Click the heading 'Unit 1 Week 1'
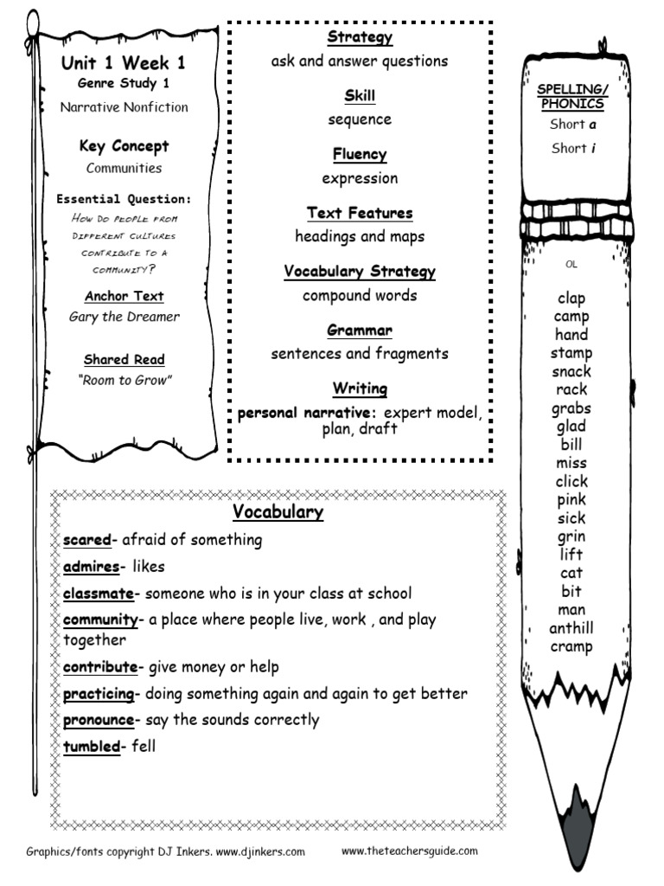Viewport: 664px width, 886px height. click(x=124, y=63)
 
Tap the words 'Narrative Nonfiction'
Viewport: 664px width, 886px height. click(x=124, y=107)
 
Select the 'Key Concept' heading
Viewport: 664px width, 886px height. click(x=124, y=146)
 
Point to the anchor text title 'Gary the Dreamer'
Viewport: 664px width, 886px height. click(x=124, y=317)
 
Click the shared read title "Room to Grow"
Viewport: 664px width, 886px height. click(x=124, y=380)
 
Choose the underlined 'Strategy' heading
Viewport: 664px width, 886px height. click(x=360, y=37)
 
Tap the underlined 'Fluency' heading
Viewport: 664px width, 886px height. click(x=360, y=154)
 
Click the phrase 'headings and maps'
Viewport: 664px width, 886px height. click(x=360, y=236)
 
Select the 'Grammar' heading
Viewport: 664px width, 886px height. click(x=360, y=331)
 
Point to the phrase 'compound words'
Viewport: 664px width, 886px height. click(x=360, y=295)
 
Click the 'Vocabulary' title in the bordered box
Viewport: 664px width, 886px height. click(x=278, y=512)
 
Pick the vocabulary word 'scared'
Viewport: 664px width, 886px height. click(x=87, y=540)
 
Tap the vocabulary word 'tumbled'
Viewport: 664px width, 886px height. click(x=92, y=746)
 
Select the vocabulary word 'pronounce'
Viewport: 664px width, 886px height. click(x=99, y=720)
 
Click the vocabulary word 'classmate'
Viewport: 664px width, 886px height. click(x=99, y=594)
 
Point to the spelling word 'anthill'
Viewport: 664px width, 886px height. click(x=571, y=628)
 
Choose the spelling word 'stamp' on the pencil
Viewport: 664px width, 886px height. click(x=571, y=353)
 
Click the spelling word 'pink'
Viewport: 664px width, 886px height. click(x=571, y=499)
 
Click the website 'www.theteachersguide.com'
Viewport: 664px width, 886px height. click(x=409, y=851)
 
